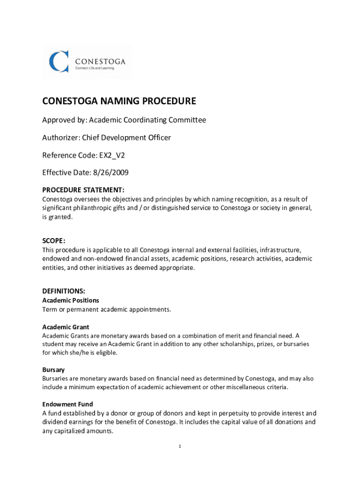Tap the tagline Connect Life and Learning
(x=95, y=69)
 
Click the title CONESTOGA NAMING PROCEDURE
(x=119, y=102)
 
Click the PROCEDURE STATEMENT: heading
(x=83, y=190)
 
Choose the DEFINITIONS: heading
(x=64, y=291)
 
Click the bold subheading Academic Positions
(x=71, y=300)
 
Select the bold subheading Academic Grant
(x=66, y=327)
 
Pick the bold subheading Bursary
(x=54, y=370)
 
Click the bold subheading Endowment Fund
(x=68, y=404)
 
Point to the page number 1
(x=180, y=446)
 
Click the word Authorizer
(x=59, y=138)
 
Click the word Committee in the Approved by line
(x=187, y=120)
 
